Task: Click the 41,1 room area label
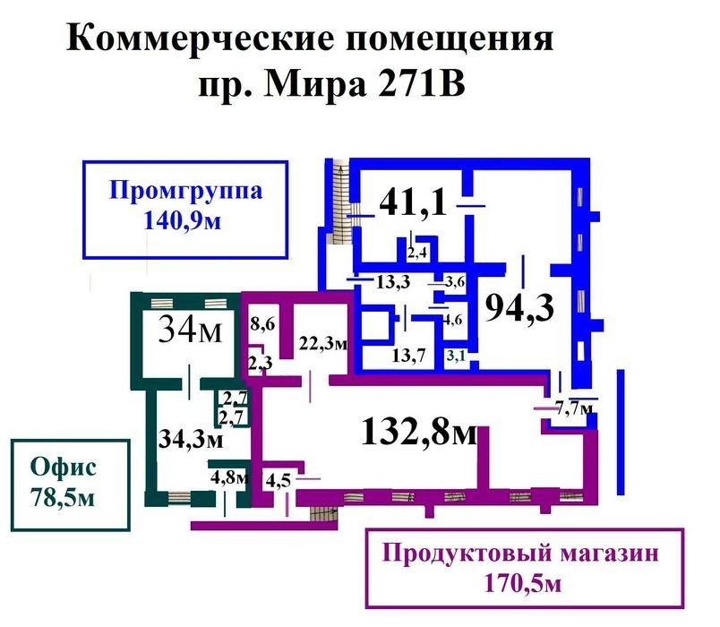(413, 202)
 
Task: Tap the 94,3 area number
(519, 307)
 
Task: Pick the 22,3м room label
(323, 343)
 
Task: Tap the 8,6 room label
(262, 324)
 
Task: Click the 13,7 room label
(408, 355)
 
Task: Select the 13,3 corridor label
(393, 281)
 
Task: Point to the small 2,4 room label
(417, 253)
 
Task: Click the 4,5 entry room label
(279, 480)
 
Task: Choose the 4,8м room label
(229, 477)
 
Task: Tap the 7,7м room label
(574, 408)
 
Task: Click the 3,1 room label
(457, 355)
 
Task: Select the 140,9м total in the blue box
(183, 220)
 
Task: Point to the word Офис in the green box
(64, 467)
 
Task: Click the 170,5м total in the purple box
(523, 584)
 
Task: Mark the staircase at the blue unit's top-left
(340, 201)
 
